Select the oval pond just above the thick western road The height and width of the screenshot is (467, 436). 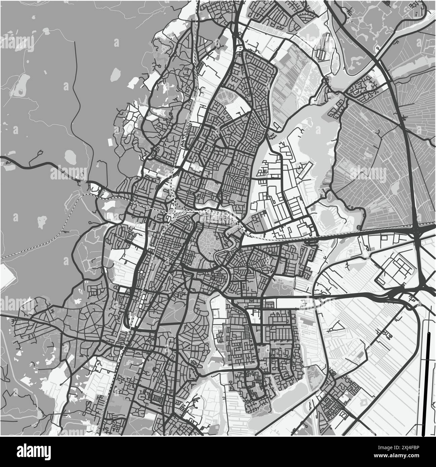(x=70, y=155)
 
